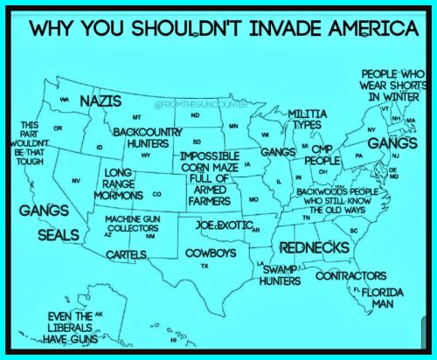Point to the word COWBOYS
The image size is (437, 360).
[x=211, y=253]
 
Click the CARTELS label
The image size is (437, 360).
[x=124, y=254]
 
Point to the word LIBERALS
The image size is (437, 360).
[x=69, y=328]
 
